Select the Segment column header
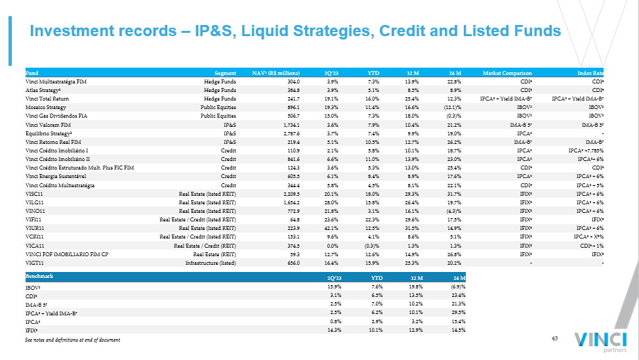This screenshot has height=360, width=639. [225, 72]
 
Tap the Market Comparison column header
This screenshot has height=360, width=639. [507, 72]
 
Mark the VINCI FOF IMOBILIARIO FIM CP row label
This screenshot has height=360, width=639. [69, 254]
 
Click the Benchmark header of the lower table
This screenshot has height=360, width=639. [39, 277]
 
